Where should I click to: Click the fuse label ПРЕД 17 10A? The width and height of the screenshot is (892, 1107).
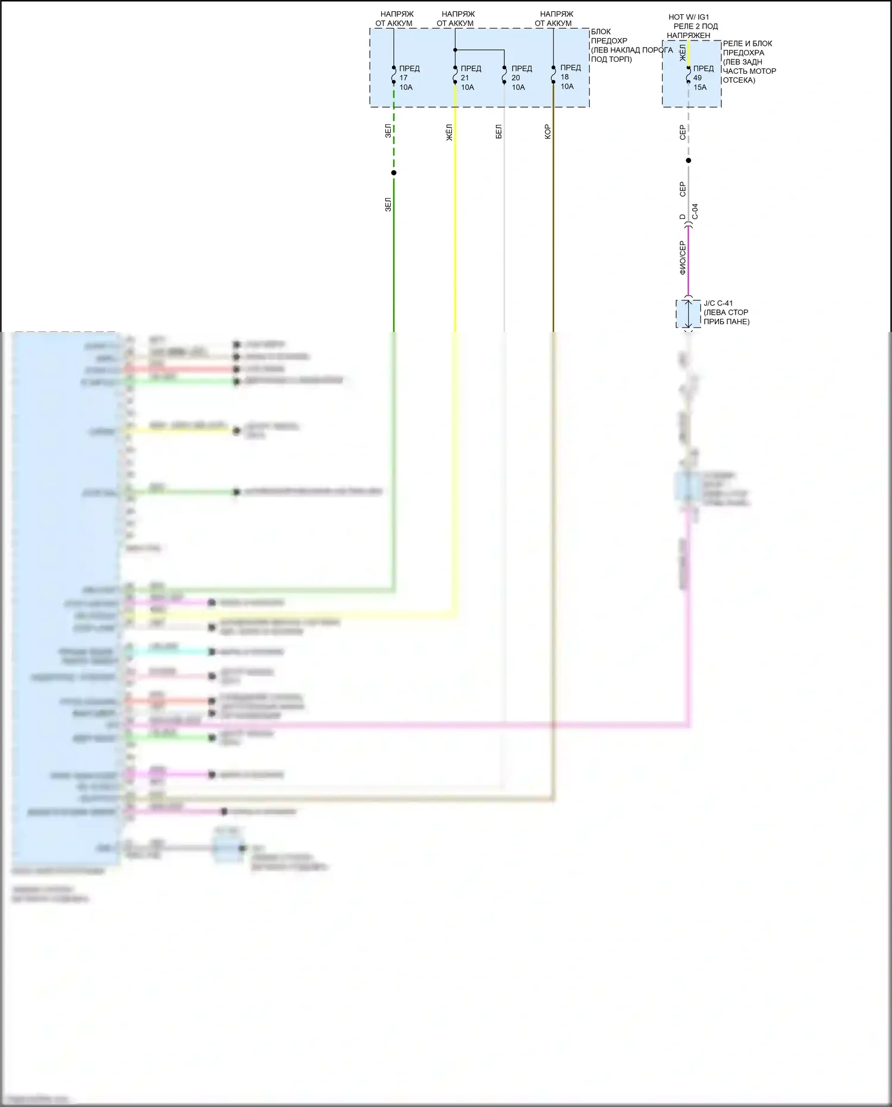click(409, 78)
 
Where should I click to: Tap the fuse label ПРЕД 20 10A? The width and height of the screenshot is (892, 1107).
click(521, 78)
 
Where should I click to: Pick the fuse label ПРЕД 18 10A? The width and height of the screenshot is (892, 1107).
click(570, 77)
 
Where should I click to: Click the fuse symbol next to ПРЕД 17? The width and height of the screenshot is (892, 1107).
click(394, 75)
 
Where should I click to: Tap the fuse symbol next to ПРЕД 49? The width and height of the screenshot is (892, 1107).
click(689, 75)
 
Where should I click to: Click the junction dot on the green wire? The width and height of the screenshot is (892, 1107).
click(394, 173)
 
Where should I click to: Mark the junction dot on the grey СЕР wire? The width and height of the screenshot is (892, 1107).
click(689, 161)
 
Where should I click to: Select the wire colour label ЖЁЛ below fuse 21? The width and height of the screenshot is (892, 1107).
click(449, 132)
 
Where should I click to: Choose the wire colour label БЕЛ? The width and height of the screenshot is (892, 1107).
click(498, 132)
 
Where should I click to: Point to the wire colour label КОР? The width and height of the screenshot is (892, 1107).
click(547, 132)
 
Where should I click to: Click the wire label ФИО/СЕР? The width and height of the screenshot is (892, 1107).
click(683, 258)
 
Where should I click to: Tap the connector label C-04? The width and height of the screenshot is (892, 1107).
click(695, 212)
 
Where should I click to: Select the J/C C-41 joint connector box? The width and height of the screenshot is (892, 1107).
click(688, 313)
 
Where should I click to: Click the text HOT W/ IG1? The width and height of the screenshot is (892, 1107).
click(689, 17)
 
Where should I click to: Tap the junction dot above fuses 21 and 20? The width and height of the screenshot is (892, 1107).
click(455, 50)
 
